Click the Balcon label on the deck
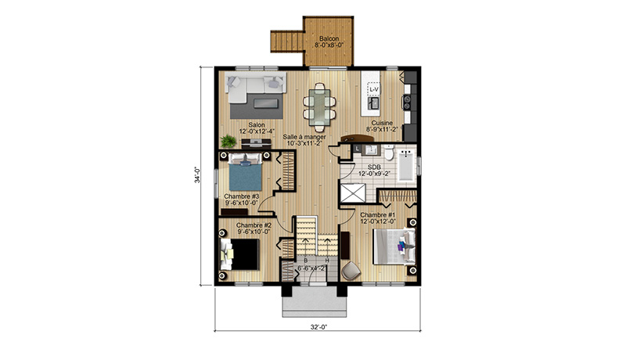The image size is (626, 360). (329, 38)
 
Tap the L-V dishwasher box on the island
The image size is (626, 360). (374, 89)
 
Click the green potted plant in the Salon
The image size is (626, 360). (228, 141)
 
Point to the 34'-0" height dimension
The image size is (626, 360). (197, 175)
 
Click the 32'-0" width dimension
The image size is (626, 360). (318, 327)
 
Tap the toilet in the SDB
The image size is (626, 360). (388, 153)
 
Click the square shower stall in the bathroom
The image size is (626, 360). (352, 193)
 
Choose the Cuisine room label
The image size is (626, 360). (382, 123)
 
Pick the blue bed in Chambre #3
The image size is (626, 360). (246, 172)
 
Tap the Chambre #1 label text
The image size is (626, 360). (378, 215)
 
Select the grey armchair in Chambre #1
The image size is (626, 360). (351, 270)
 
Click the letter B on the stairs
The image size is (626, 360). (306, 261)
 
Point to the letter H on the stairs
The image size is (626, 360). (327, 261)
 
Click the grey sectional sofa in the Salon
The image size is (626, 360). (256, 87)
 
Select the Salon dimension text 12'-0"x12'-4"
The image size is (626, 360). (257, 131)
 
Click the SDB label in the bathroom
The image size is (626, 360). (374, 167)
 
